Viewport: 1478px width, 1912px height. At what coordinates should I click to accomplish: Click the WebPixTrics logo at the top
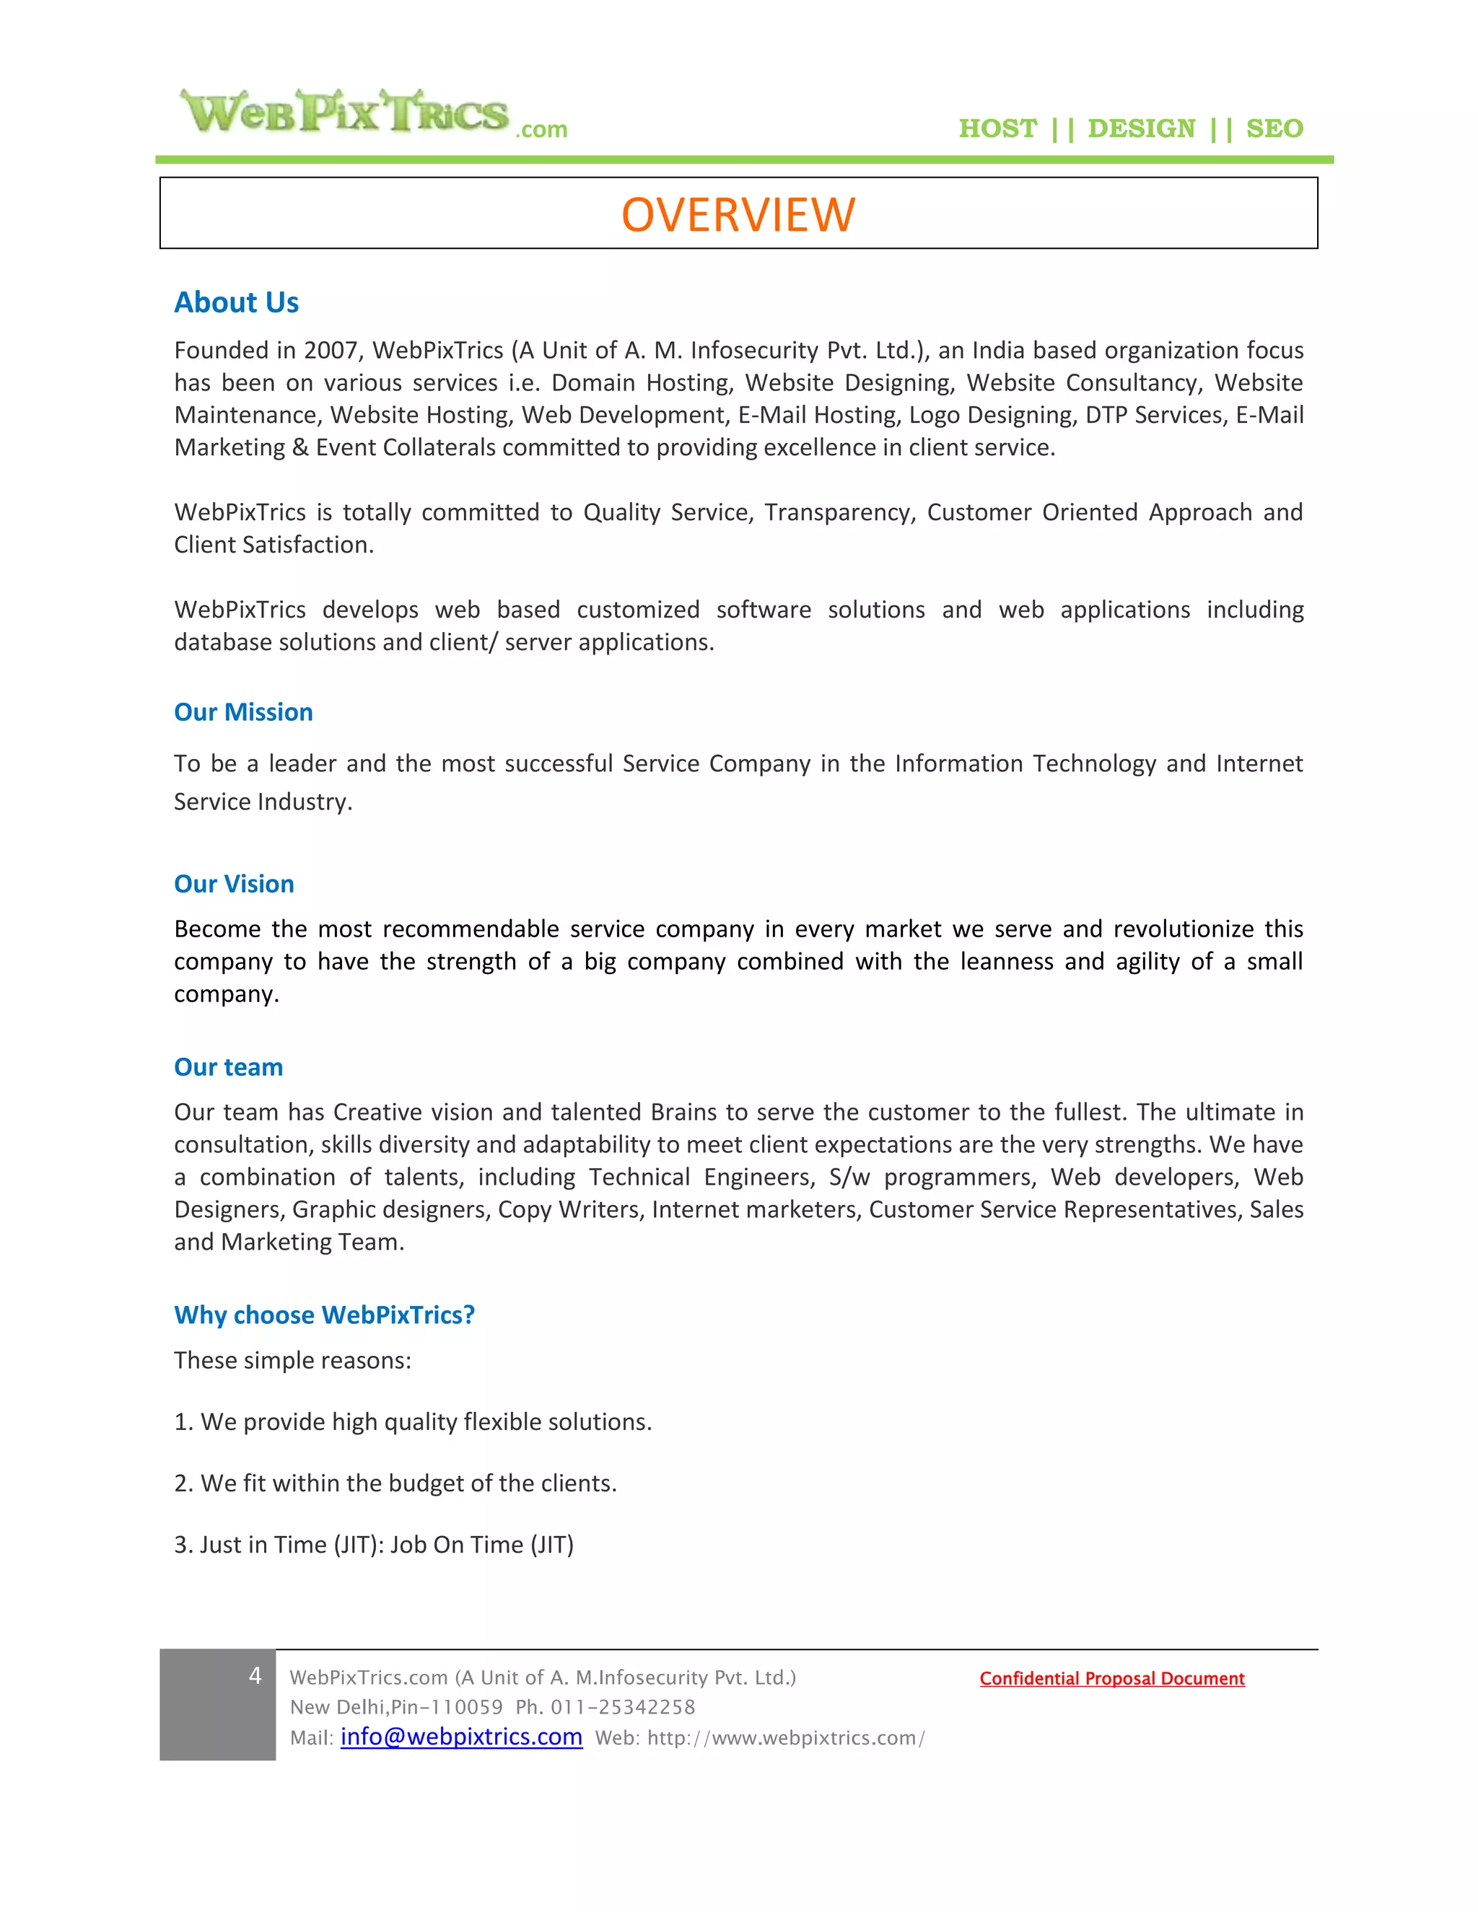372,114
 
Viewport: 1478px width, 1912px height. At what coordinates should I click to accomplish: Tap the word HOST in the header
997,128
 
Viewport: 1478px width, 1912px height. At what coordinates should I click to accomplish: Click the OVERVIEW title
738,214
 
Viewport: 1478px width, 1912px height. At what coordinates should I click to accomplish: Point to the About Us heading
237,302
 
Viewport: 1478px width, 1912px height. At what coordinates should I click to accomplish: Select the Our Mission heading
243,711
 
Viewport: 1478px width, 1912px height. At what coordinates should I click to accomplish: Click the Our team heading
229,1066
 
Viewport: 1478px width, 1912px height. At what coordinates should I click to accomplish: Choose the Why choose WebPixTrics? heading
324,1314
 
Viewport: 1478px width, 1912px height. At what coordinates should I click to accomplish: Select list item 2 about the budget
395,1483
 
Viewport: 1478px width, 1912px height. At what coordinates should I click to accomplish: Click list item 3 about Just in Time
374,1544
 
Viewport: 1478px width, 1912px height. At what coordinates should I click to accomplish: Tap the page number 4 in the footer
255,1675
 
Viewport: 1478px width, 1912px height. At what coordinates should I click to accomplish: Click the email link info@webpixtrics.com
461,1737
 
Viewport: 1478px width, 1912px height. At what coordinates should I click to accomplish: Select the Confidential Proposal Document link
1112,1678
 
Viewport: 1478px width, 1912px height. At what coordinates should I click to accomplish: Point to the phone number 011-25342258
623,1707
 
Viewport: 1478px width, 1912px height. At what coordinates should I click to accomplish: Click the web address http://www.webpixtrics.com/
785,1738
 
